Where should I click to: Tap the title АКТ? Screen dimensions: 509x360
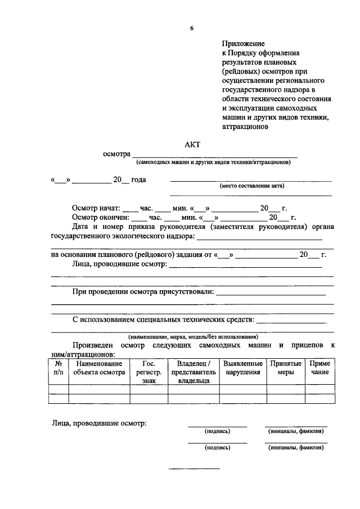pos(192,145)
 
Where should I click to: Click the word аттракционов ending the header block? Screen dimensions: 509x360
pos(246,127)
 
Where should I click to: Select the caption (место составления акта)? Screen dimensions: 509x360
pos(251,186)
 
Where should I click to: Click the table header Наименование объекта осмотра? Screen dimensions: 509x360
pos(99,368)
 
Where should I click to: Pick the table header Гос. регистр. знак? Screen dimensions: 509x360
pos(149,372)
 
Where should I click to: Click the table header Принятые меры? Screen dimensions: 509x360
pos(286,368)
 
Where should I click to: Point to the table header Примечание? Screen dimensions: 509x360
pos(320,368)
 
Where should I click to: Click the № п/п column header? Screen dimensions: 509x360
pos(58,368)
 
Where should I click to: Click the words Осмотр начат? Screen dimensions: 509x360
pos(96,208)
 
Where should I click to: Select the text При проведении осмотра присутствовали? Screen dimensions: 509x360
pos(143,292)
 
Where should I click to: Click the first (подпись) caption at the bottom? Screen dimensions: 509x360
pos(217,431)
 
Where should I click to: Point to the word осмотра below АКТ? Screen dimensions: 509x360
pos(116,154)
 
